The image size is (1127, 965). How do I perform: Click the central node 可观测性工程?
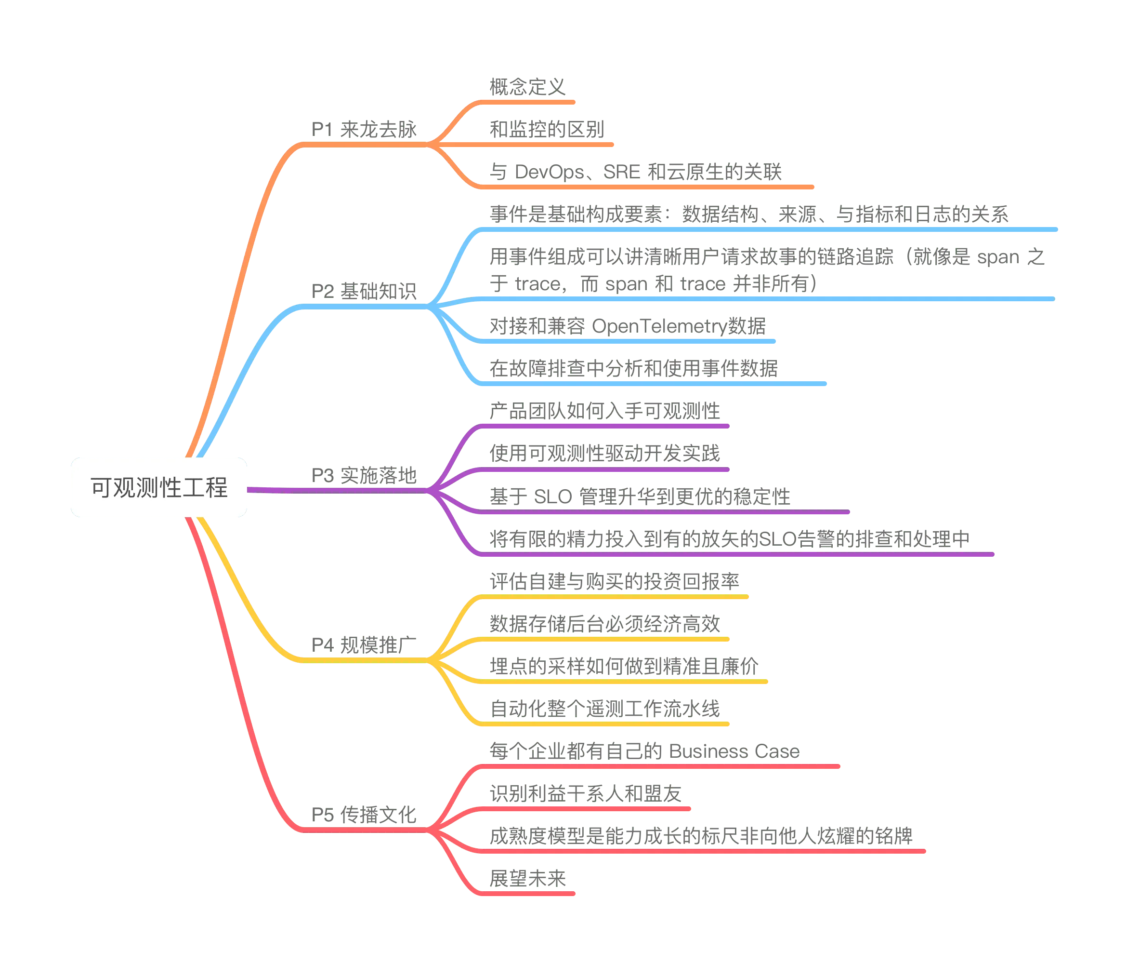pyautogui.click(x=159, y=487)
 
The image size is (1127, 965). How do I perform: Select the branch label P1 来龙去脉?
pyautogui.click(x=364, y=130)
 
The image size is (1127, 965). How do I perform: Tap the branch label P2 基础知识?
pyautogui.click(x=364, y=291)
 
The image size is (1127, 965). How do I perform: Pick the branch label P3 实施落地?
pyautogui.click(x=364, y=475)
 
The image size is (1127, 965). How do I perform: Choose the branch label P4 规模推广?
pyautogui.click(x=364, y=645)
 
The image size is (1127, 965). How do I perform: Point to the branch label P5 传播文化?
pyautogui.click(x=364, y=815)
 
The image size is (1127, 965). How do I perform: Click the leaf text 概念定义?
pyautogui.click(x=527, y=87)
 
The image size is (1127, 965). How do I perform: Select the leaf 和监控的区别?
pyautogui.click(x=547, y=129)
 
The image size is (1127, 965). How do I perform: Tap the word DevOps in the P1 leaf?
pyautogui.click(x=550, y=172)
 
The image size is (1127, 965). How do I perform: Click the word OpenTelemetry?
pyautogui.click(x=659, y=326)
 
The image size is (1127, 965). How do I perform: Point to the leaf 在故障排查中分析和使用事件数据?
pyautogui.click(x=634, y=368)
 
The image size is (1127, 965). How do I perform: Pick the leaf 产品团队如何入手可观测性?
pyautogui.click(x=605, y=411)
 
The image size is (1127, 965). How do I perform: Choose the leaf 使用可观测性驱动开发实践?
pyautogui.click(x=605, y=454)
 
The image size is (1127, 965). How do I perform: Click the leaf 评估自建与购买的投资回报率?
pyautogui.click(x=615, y=581)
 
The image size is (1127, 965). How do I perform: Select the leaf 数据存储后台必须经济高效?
pyautogui.click(x=605, y=624)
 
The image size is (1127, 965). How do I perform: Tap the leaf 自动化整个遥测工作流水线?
pyautogui.click(x=605, y=709)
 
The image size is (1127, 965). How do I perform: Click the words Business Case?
pyautogui.click(x=734, y=751)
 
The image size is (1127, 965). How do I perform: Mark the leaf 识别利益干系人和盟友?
pyautogui.click(x=586, y=793)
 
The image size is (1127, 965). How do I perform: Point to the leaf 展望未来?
pyautogui.click(x=527, y=878)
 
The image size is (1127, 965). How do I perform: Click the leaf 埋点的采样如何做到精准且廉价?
pyautogui.click(x=624, y=666)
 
